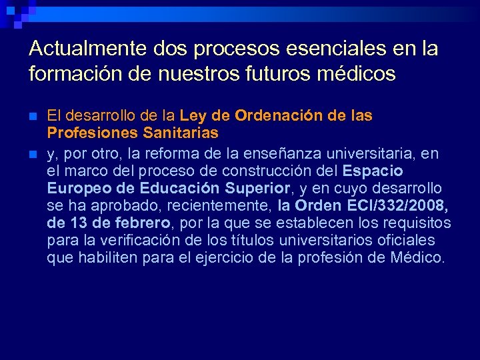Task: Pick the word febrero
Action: click(x=143, y=223)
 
